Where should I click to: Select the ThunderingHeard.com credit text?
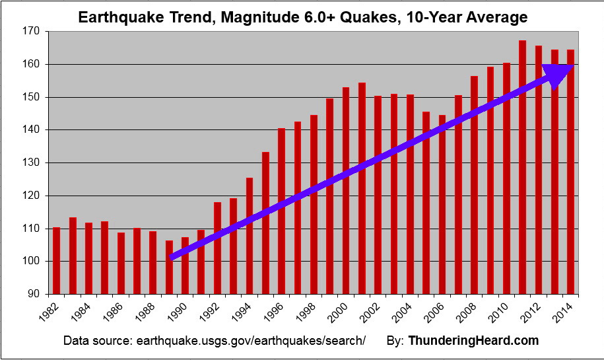473,341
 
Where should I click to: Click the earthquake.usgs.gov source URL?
250,341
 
